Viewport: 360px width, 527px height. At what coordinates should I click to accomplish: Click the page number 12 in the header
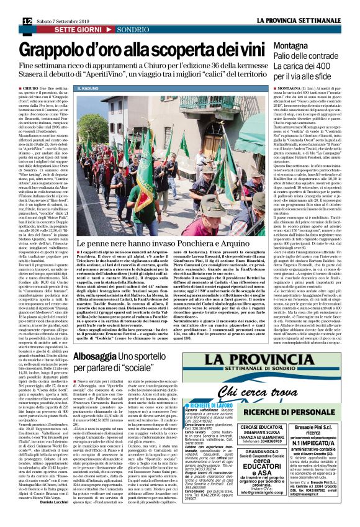click(11, 5)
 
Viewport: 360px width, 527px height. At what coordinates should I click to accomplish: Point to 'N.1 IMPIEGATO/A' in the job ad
click(327, 451)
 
